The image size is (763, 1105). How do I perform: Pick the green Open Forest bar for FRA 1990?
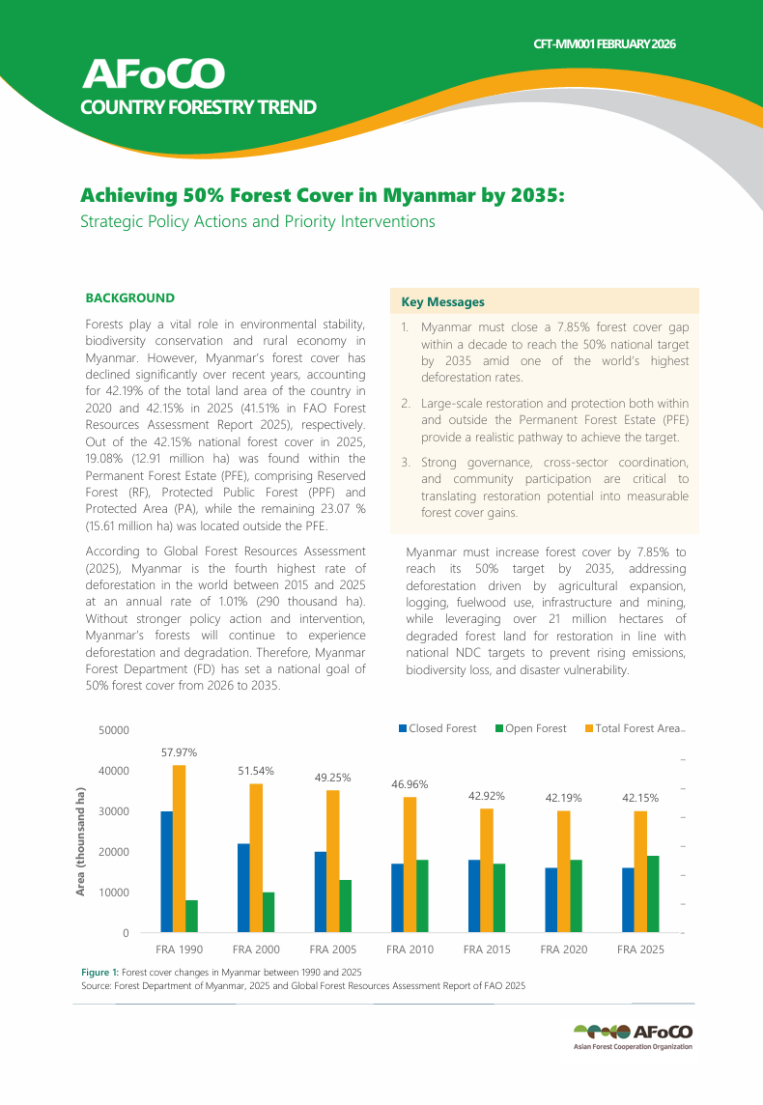point(191,916)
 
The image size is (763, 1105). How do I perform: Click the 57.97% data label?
point(179,751)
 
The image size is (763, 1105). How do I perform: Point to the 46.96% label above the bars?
point(410,784)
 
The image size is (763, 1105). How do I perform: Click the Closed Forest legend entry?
point(438,728)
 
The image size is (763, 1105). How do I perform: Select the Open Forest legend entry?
point(531,728)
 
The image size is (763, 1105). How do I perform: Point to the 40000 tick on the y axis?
point(114,771)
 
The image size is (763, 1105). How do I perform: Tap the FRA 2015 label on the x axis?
point(487,949)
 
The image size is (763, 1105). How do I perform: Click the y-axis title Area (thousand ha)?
point(81,841)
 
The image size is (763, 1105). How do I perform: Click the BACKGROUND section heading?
point(130,298)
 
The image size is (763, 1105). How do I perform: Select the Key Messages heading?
point(442,302)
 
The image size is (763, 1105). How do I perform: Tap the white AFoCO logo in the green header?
point(155,73)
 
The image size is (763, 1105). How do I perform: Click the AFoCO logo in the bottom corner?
point(633,1035)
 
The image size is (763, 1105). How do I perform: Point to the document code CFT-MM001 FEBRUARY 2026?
point(605,44)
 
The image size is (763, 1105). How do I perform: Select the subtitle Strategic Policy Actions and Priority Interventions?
point(257,222)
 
